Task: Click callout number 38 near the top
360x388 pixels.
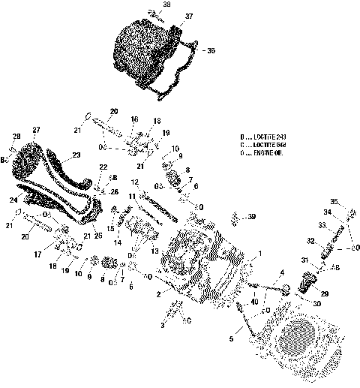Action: pyautogui.click(x=166, y=5)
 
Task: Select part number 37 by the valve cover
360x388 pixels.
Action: pyautogui.click(x=188, y=16)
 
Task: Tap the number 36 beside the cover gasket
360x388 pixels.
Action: pyautogui.click(x=211, y=50)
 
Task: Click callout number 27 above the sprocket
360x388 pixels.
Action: pyautogui.click(x=36, y=130)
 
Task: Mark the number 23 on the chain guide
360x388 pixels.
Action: pyautogui.click(x=75, y=157)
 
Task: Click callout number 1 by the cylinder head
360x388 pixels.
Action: pyautogui.click(x=259, y=253)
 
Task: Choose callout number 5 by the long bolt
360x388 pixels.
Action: pyautogui.click(x=231, y=339)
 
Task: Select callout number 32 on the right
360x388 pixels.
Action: pyautogui.click(x=309, y=242)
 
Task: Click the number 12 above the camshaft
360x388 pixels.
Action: pyautogui.click(x=134, y=182)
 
